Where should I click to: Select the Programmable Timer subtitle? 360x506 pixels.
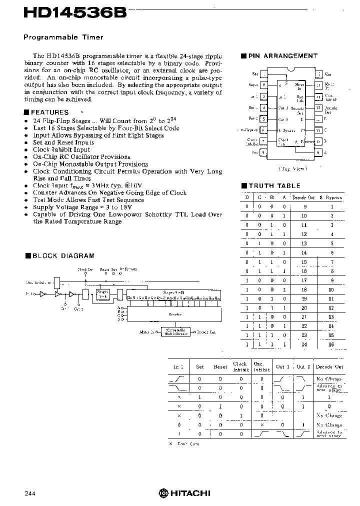coord(64,37)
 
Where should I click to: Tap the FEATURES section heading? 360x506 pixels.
coord(49,112)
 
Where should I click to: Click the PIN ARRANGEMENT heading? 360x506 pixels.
coord(282,56)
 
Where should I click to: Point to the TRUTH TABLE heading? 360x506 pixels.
coord(275,185)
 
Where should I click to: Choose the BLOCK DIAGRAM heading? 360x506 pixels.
coord(63,255)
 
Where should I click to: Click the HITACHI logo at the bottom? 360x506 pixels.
coord(184,493)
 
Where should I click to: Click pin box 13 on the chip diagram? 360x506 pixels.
coord(318,107)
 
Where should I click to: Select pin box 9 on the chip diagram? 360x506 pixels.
coord(318,152)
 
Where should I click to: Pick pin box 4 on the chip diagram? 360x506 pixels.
coord(263,107)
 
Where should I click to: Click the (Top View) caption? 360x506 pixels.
coord(293,168)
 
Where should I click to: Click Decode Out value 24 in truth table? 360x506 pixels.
coord(303,345)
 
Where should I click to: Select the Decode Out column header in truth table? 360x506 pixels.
coord(303,197)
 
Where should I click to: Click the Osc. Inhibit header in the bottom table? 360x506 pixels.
coord(261,366)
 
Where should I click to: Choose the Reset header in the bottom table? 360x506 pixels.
coord(220,366)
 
